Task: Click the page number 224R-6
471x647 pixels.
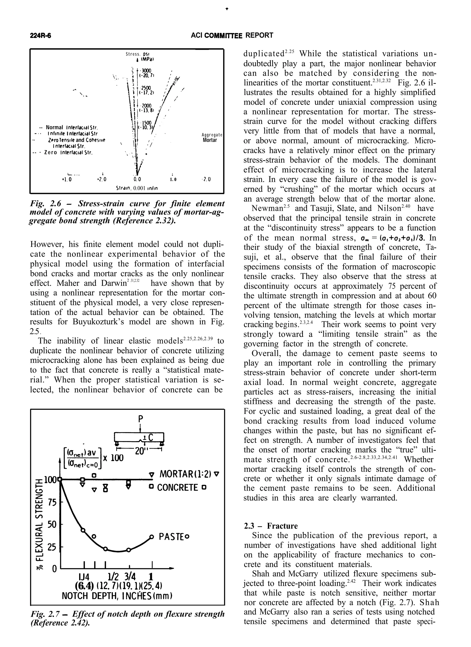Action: pos(42,36)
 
